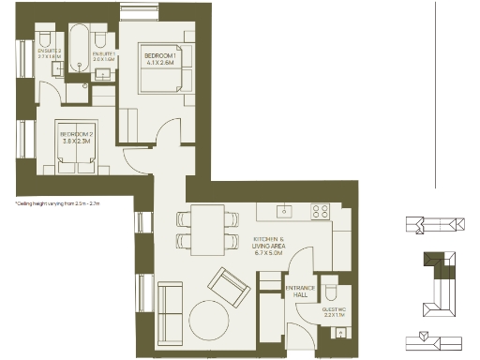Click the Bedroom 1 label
(x=157, y=59)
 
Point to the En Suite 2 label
(x=48, y=53)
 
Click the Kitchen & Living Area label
(x=272, y=246)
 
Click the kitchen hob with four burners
(x=321, y=210)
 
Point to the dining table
(x=207, y=229)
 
